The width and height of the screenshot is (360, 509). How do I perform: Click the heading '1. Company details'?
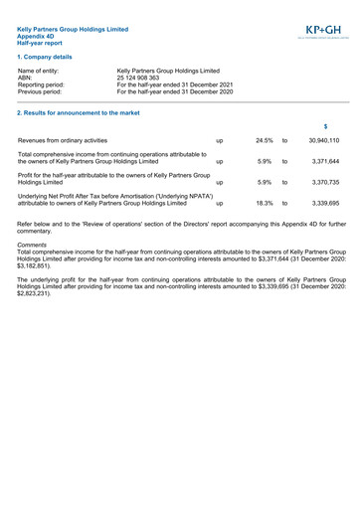46,57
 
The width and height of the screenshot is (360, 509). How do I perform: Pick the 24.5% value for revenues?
264,141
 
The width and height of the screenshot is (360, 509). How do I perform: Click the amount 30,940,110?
324,141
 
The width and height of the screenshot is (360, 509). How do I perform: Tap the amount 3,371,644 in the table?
325,161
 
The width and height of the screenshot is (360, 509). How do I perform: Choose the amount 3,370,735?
325,182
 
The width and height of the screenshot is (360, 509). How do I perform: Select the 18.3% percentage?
264,203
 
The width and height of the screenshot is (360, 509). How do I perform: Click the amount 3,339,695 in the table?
325,203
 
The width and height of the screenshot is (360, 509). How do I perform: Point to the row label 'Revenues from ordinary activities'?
63,141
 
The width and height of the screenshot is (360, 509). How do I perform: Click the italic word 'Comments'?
32,245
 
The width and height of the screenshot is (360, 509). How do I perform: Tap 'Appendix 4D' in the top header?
38,37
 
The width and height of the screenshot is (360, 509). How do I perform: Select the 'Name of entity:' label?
39,71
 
